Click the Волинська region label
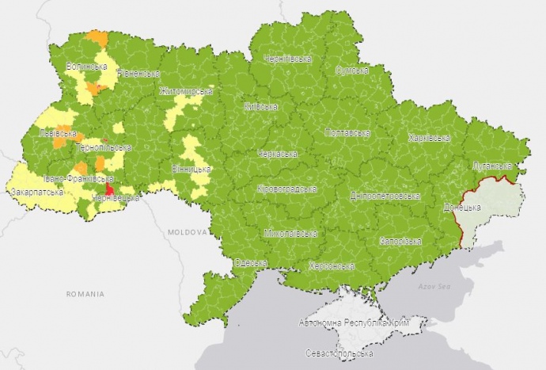click(x=86, y=66)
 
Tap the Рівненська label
click(x=139, y=74)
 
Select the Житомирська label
click(x=186, y=91)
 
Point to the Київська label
click(x=261, y=106)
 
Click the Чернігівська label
click(x=288, y=59)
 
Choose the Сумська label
click(x=353, y=71)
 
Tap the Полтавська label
click(x=347, y=132)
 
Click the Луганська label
click(x=492, y=166)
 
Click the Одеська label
click(x=251, y=263)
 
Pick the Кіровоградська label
click(x=286, y=189)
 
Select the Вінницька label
click(x=191, y=170)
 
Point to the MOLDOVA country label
click(x=188, y=233)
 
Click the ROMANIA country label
click(x=85, y=294)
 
